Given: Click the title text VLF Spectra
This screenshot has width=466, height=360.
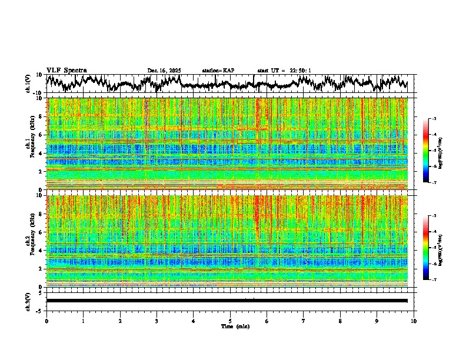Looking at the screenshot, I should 66,70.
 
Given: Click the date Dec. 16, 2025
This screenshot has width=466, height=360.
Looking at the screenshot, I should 164,71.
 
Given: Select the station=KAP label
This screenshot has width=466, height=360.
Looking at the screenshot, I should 218,71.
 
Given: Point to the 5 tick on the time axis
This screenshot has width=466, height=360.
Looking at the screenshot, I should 230,321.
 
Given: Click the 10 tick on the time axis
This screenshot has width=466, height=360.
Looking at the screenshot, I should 414,321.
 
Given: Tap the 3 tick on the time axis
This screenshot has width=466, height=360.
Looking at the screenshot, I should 157,321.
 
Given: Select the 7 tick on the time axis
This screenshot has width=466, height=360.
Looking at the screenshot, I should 304,321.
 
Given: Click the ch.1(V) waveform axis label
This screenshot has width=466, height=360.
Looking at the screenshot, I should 29,84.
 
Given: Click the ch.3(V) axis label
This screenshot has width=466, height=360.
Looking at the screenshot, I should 29,301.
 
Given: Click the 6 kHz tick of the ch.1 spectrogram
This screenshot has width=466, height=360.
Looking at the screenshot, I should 41,135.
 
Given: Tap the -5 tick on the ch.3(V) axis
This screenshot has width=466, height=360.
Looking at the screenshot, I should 40,309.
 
